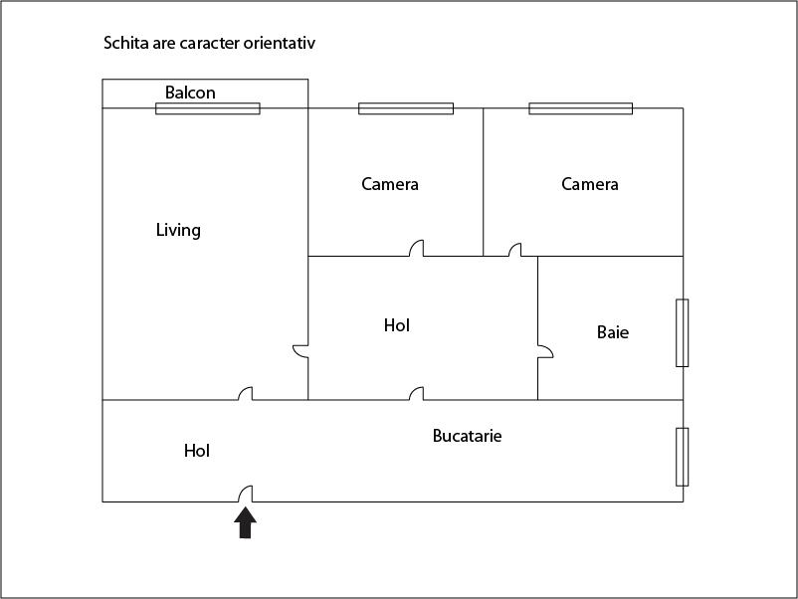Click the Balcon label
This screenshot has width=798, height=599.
(190, 93)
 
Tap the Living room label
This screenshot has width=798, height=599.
(178, 230)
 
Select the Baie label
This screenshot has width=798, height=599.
(613, 332)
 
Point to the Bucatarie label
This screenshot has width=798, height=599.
(468, 436)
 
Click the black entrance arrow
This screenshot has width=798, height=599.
(246, 522)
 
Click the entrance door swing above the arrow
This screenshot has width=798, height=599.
(246, 494)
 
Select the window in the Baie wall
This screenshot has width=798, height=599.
(683, 333)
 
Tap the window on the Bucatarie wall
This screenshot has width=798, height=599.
(683, 457)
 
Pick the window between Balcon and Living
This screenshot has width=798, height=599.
(208, 108)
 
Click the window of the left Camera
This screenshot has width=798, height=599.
(406, 108)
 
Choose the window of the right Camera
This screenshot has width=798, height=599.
(581, 108)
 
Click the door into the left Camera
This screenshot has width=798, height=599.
(417, 248)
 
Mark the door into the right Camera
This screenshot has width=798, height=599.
(515, 250)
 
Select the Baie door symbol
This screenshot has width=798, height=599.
(545, 351)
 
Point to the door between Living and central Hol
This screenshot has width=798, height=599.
(300, 351)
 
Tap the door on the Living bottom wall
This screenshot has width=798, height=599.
(246, 394)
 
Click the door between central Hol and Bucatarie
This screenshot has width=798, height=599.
(417, 394)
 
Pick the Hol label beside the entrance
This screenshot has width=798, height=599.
(197, 451)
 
